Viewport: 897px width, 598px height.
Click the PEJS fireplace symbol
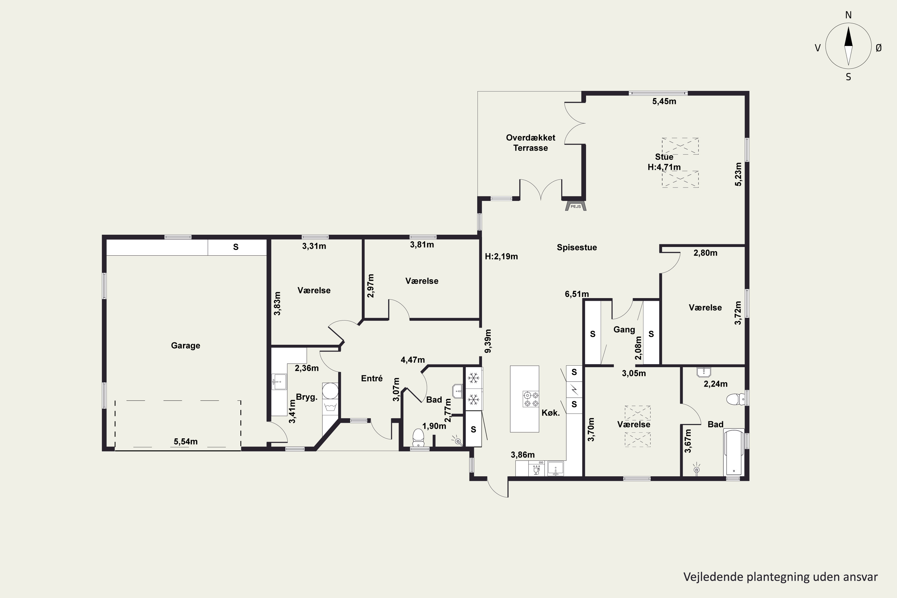tap(576, 206)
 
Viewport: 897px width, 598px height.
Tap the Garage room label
tap(185, 346)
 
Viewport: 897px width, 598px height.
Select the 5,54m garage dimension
tap(186, 442)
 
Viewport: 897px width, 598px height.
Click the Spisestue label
tap(577, 248)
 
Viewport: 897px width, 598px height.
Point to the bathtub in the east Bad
tap(734, 452)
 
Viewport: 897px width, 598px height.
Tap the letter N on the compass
tap(848, 15)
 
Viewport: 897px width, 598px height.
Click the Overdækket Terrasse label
tap(530, 143)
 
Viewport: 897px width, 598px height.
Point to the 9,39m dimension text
tap(488, 341)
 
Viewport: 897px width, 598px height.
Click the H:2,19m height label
tap(501, 257)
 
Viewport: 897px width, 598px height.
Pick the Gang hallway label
tap(624, 330)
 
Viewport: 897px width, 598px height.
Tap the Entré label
tap(372, 378)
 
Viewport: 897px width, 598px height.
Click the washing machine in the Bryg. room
tap(330, 406)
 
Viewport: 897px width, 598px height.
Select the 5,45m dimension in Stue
tap(664, 101)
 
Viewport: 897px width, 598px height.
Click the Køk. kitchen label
tap(551, 413)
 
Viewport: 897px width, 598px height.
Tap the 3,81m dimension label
tap(422, 245)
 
